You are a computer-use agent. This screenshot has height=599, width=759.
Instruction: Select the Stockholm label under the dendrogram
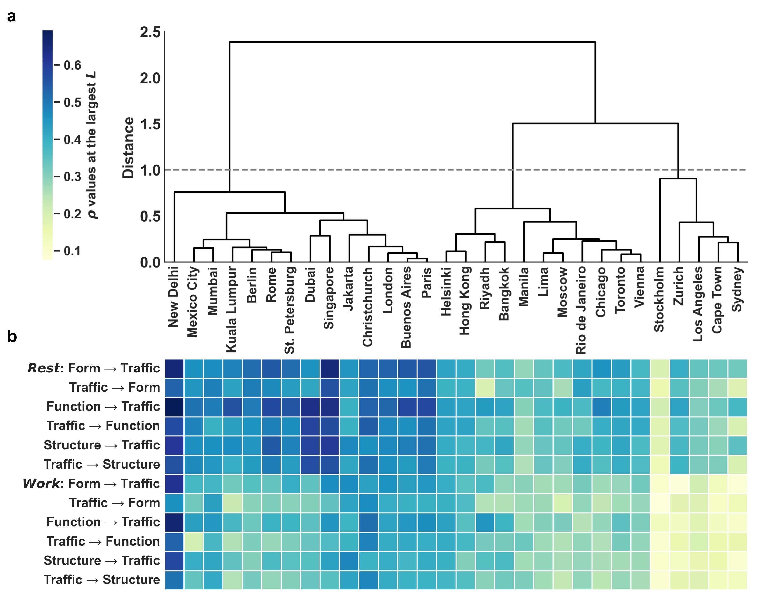[x=659, y=300]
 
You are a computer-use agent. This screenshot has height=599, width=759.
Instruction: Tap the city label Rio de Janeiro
[x=581, y=310]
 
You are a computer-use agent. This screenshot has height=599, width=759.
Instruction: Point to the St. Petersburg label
[x=290, y=310]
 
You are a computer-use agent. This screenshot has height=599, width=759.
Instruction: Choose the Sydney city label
[x=737, y=290]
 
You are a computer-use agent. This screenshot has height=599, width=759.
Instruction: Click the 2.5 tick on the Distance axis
[x=150, y=33]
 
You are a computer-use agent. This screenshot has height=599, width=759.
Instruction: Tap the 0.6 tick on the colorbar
[x=72, y=65]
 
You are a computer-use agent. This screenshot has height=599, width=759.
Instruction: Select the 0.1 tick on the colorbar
[x=72, y=251]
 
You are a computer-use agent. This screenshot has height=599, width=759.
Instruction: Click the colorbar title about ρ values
[x=92, y=145]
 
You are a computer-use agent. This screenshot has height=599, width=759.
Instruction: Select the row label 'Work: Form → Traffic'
[x=91, y=484]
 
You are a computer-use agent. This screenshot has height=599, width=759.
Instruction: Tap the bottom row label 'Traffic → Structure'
[x=102, y=580]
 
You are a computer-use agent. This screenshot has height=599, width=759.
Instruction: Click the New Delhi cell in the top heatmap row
[x=174, y=368]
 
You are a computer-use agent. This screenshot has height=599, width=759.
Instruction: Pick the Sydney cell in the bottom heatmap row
[x=737, y=580]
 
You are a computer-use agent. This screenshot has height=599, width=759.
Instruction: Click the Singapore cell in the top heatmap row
[x=330, y=368]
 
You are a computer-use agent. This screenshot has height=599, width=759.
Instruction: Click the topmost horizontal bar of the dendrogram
[x=413, y=42]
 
